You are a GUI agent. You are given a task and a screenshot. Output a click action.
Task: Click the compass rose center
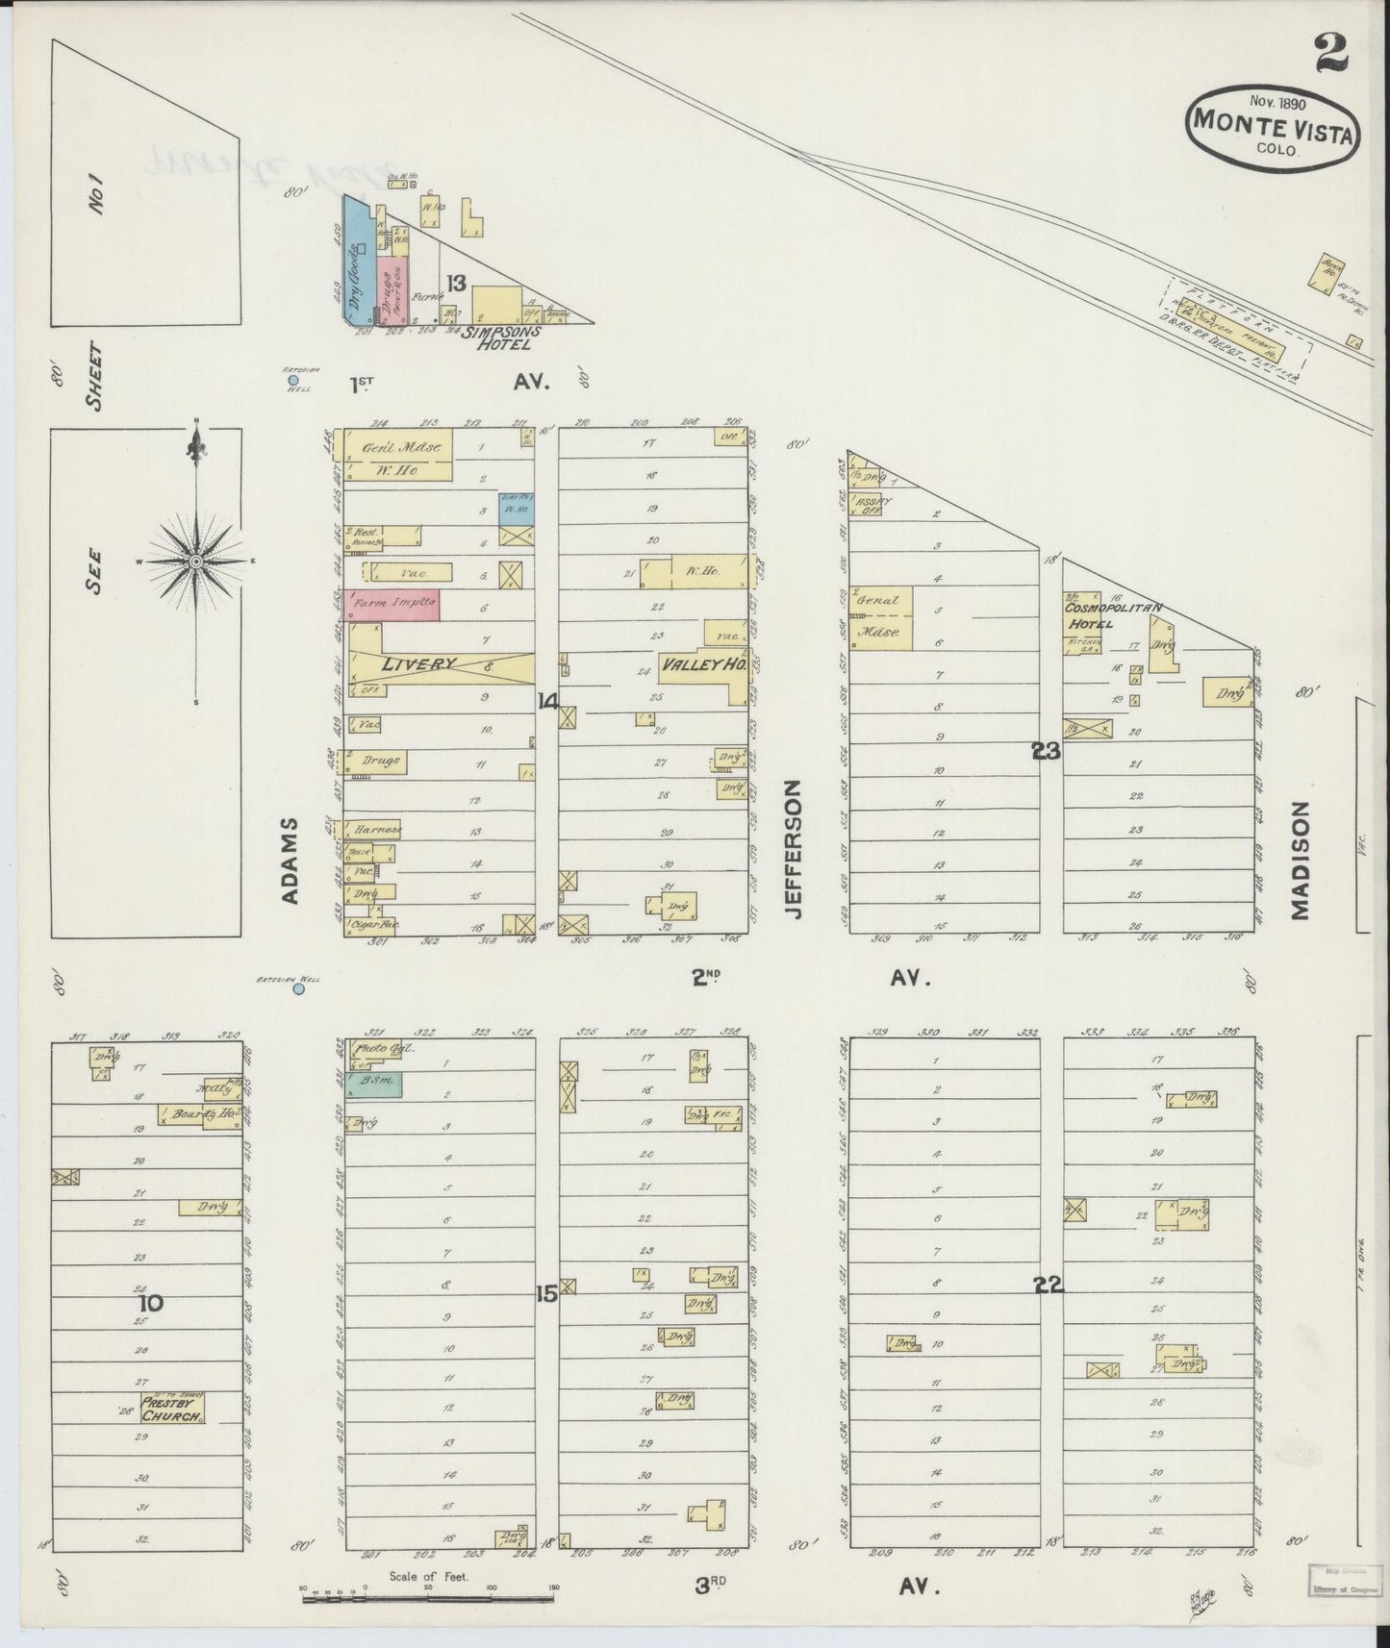pyautogui.click(x=196, y=560)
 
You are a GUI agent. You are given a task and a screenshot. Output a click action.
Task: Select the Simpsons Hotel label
pyautogui.click(x=501, y=337)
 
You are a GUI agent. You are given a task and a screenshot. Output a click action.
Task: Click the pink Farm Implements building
pyautogui.click(x=392, y=604)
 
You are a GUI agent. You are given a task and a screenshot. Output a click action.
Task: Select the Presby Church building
pyautogui.click(x=173, y=1409)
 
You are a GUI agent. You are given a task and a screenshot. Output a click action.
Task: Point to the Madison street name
pyautogui.click(x=1301, y=861)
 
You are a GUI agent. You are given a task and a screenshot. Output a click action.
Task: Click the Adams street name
pyautogui.click(x=292, y=861)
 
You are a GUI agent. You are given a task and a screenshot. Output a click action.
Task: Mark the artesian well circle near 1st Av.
pyautogui.click(x=292, y=381)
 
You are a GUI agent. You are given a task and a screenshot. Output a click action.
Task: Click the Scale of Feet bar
pyautogui.click(x=428, y=1600)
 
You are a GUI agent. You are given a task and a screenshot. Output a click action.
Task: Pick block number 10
pyautogui.click(x=151, y=1304)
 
